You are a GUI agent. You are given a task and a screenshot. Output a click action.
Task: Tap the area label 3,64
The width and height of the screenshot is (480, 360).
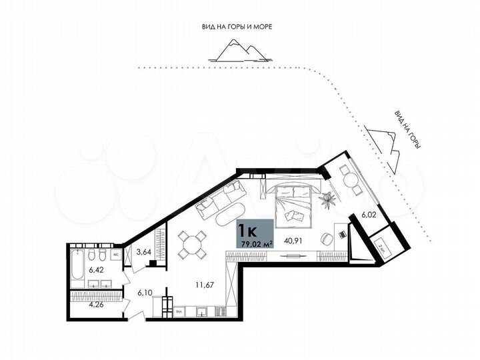coord(143,252)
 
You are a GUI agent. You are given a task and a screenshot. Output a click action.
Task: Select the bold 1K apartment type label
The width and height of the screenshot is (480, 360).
coord(249,231)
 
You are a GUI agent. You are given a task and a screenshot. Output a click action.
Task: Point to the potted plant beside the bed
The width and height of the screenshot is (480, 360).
coord(328,198)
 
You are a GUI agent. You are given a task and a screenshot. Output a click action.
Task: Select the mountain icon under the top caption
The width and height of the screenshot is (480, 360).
coord(235,49)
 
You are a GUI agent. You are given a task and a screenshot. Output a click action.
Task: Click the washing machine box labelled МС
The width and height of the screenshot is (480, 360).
coord(115,255)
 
